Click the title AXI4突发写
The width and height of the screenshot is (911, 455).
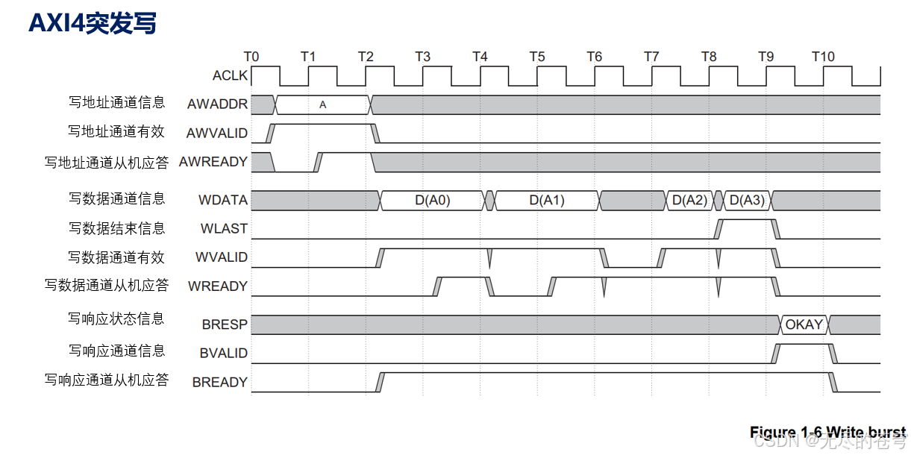pos(93,23)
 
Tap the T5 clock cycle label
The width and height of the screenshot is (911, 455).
pos(537,57)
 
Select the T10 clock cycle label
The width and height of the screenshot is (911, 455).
pos(823,57)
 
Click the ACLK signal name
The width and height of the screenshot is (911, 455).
pos(230,75)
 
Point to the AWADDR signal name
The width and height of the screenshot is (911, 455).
pos(218,104)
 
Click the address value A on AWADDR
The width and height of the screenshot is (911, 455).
pos(322,104)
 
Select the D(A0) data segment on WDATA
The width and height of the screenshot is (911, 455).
pos(433,200)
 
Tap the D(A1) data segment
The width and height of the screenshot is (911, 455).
pos(547,200)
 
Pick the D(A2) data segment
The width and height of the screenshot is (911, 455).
pos(689,200)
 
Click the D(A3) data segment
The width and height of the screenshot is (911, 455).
pos(747,200)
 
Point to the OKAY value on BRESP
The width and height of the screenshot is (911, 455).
pos(804,324)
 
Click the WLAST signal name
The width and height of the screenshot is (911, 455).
pos(224,229)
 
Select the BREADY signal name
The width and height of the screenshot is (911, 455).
pos(219,382)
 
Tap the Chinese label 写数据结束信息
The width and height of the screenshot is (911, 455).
pos(117,228)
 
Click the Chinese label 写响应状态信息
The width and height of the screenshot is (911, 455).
pos(117,319)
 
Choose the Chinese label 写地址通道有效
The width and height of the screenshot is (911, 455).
pos(117,131)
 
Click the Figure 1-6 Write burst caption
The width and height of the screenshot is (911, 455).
pos(827,432)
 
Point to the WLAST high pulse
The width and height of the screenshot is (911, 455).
pos(747,220)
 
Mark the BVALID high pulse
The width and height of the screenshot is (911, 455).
pos(805,345)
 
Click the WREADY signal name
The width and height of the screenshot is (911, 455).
pos(218,286)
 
